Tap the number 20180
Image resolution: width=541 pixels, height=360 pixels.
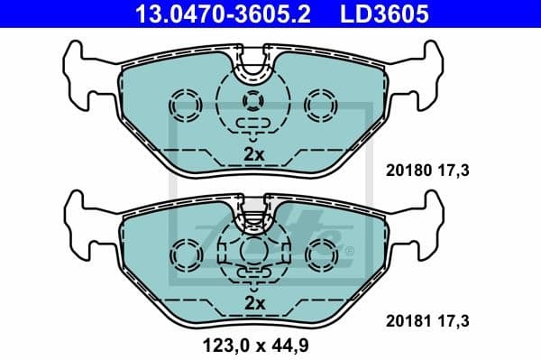(406, 169)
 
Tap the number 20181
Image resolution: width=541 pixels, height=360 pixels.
(406, 319)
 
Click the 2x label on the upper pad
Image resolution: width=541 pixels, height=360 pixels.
(254, 154)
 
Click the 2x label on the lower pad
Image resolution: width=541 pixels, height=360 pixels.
(254, 304)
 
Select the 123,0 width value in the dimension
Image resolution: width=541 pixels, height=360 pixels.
(220, 344)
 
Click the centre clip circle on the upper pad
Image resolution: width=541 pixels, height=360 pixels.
(254, 102)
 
